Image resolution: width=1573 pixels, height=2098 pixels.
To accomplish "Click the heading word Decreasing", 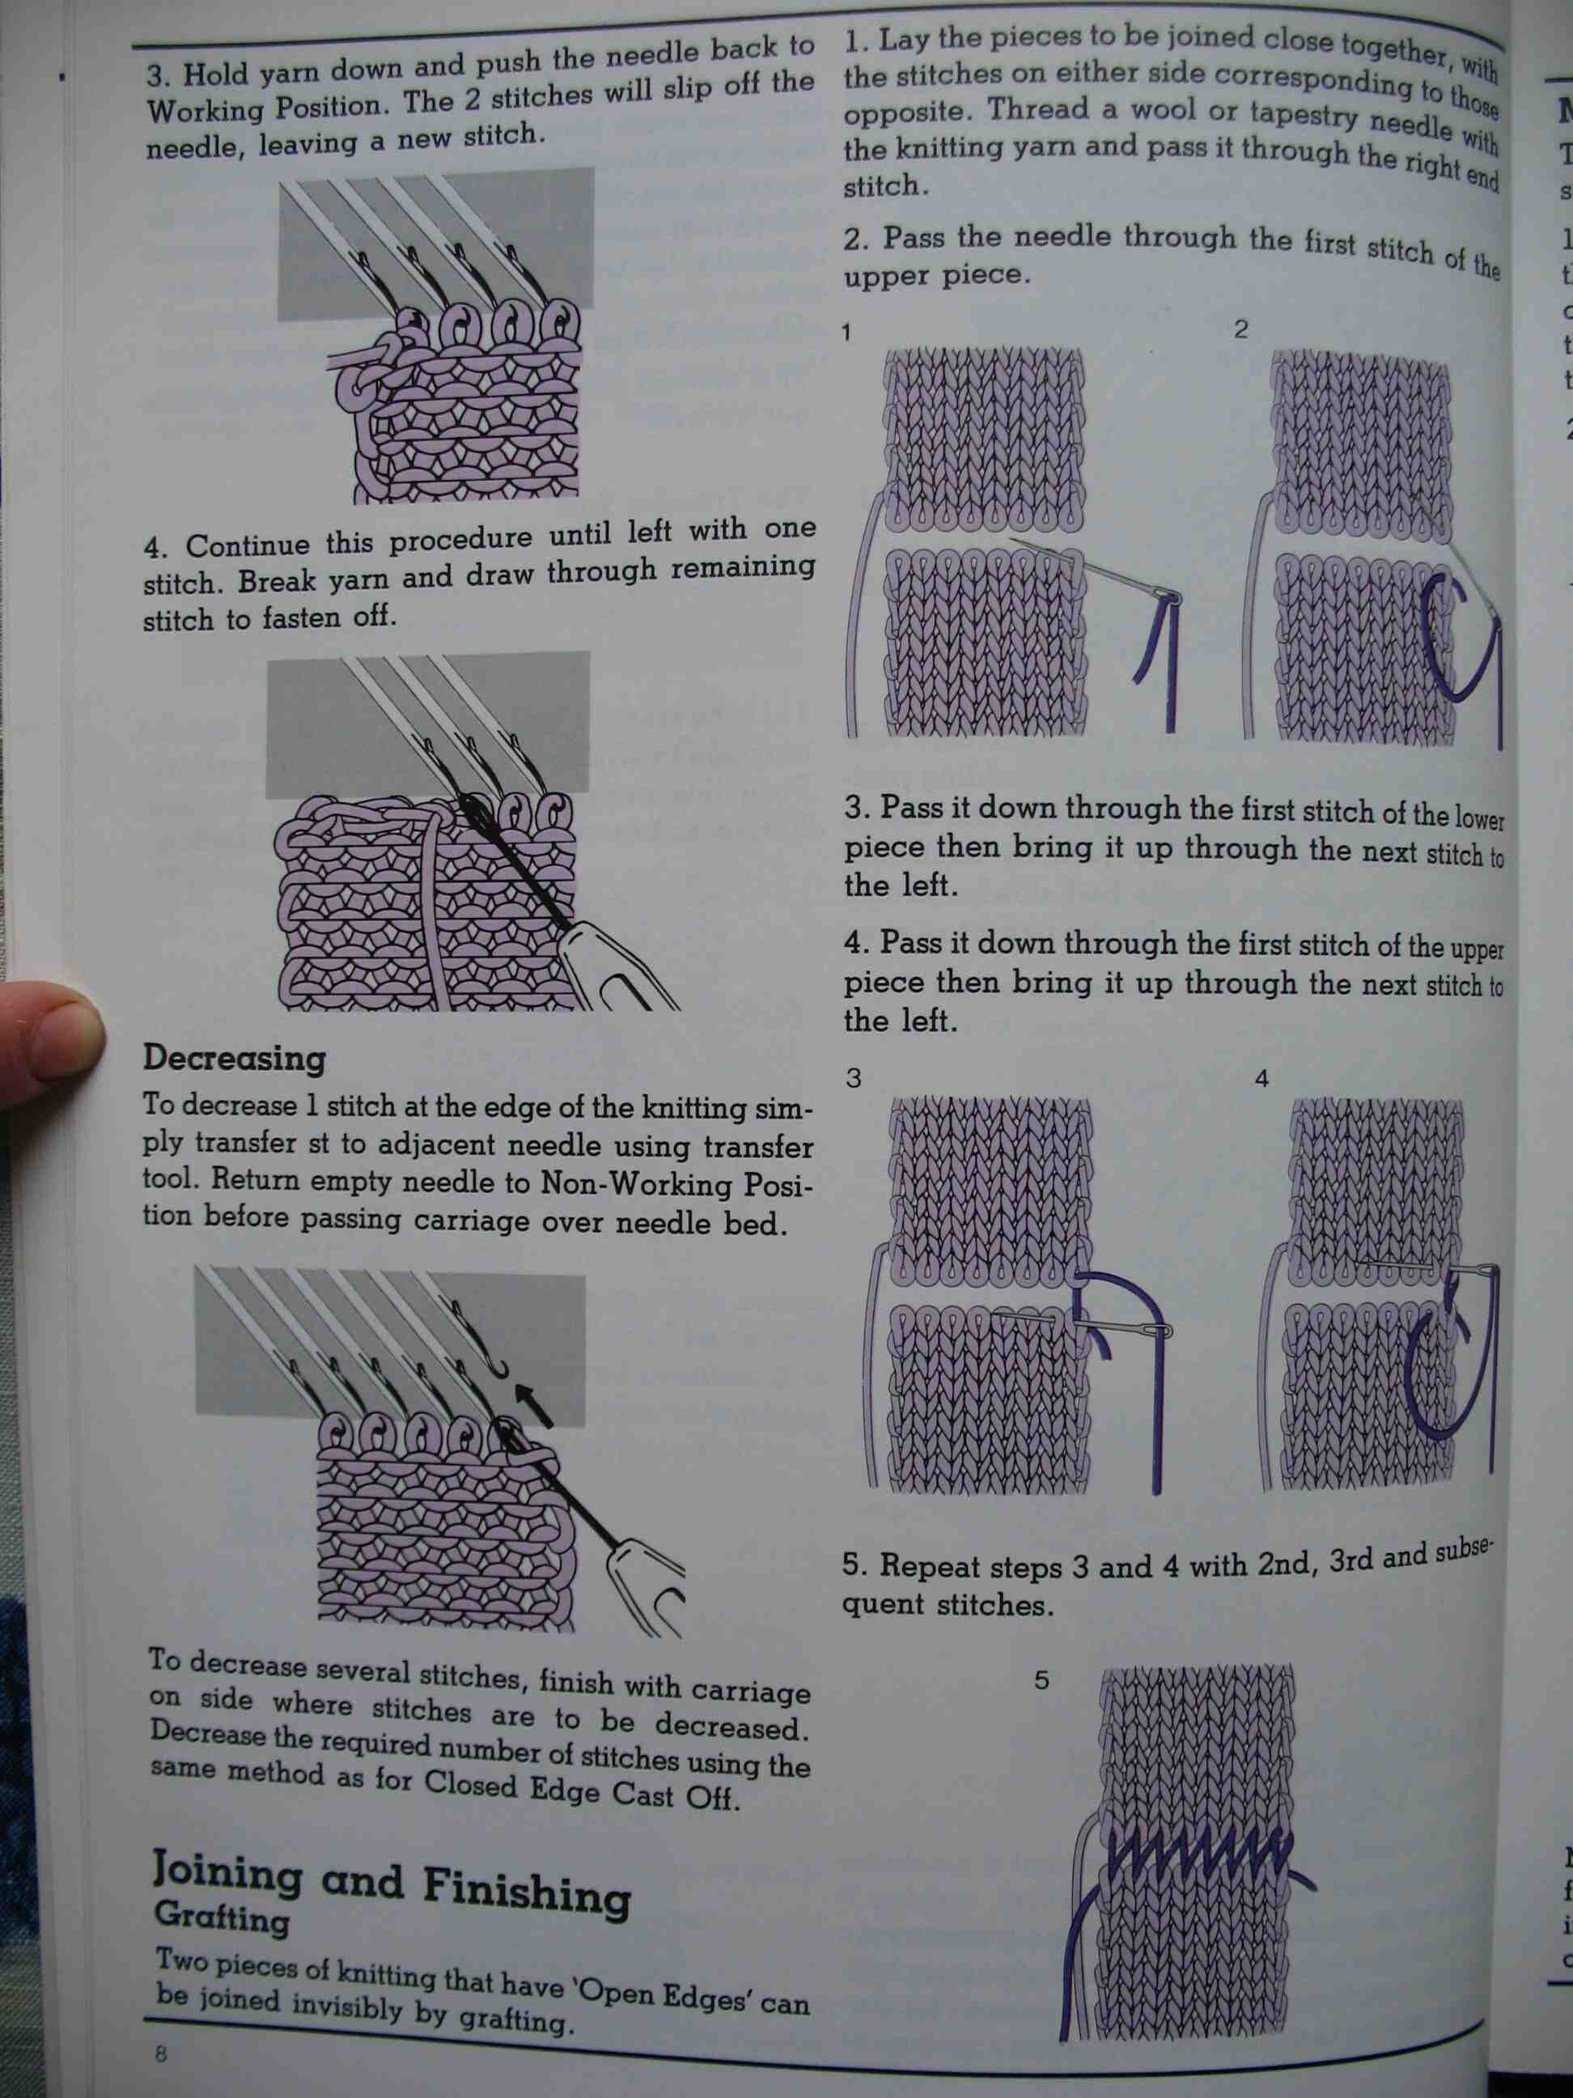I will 233,1059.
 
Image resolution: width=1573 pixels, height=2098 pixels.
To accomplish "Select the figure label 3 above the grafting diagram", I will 854,1078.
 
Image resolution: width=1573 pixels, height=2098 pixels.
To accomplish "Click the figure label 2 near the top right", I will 1241,329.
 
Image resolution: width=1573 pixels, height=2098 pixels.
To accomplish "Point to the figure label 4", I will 1261,1078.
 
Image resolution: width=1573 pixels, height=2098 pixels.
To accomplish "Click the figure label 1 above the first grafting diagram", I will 846,332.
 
